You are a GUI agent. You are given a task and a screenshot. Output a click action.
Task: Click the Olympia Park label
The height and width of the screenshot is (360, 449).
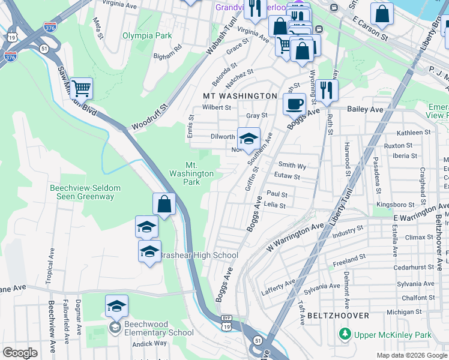point(147,36)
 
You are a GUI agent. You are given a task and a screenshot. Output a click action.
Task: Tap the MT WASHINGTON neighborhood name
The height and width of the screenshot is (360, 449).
point(240,96)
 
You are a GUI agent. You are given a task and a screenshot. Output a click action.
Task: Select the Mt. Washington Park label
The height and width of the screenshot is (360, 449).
point(191,173)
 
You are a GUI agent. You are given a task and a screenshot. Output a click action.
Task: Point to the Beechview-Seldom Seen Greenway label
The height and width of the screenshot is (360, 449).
point(85,193)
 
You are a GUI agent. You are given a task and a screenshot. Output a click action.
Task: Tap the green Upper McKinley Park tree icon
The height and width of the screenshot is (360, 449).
point(345,334)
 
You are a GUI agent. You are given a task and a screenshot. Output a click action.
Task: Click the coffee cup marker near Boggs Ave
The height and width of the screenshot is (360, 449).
point(294,104)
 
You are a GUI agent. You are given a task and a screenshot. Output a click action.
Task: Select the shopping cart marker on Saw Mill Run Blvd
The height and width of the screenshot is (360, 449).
point(81,88)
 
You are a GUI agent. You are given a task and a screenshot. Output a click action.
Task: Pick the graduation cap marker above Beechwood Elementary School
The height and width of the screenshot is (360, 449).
point(116,305)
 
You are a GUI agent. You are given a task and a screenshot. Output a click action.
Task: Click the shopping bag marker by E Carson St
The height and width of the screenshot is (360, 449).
point(382,13)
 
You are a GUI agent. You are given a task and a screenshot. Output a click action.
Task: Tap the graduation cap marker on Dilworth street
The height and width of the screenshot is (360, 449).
point(248,139)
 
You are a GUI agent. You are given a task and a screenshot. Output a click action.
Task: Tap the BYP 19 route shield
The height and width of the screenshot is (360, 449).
point(226,322)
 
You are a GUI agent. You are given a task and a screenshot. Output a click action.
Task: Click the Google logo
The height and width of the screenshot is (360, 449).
point(20,353)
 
